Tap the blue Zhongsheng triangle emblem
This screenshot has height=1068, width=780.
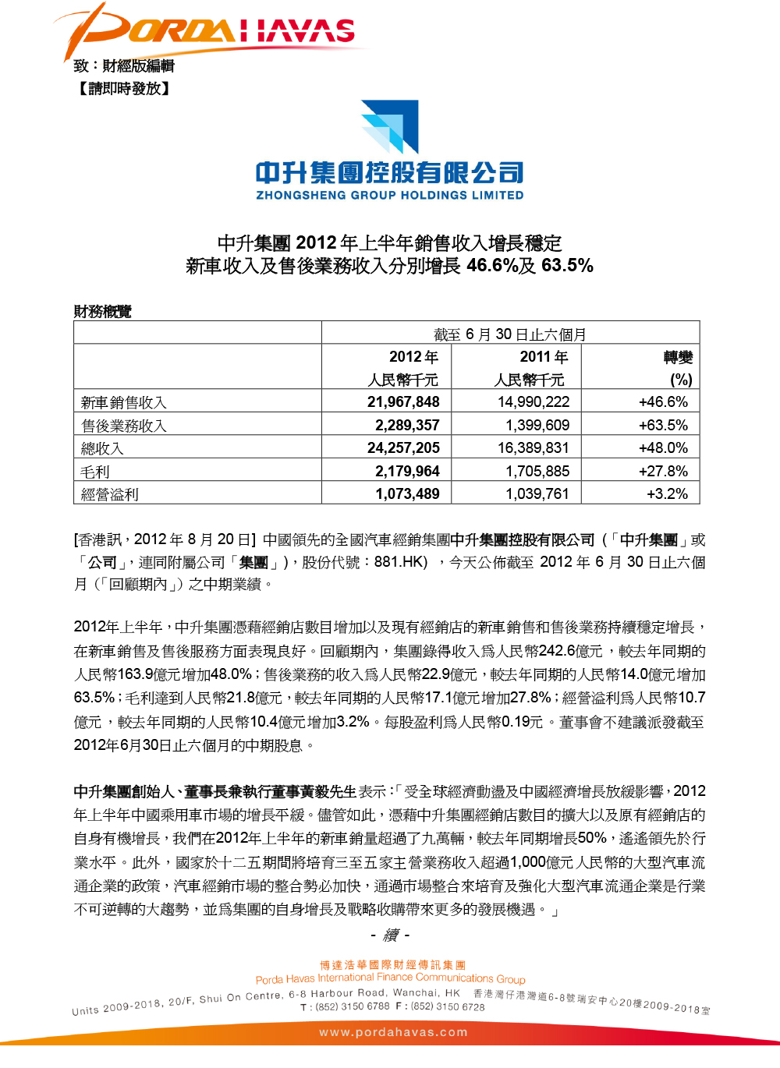(x=390, y=126)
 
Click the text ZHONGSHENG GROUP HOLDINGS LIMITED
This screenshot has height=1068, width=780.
(x=390, y=195)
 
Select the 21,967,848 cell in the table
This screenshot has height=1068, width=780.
(x=403, y=402)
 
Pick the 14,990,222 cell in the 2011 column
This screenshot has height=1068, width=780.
(x=534, y=402)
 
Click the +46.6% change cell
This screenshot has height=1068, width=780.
(x=663, y=402)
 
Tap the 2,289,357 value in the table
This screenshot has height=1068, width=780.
(x=407, y=426)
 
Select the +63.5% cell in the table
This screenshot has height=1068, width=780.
(x=663, y=426)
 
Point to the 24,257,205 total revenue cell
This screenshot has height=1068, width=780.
(x=403, y=448)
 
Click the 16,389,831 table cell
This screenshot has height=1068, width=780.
(x=534, y=448)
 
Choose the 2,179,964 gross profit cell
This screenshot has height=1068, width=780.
(x=407, y=472)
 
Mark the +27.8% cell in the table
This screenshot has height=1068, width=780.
(x=663, y=472)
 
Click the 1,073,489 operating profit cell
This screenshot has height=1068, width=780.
(x=407, y=494)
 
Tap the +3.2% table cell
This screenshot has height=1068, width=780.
(x=667, y=494)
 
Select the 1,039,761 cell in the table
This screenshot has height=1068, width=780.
(x=537, y=494)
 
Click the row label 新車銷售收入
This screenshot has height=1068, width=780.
(x=124, y=403)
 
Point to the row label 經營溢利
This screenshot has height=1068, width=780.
(x=110, y=494)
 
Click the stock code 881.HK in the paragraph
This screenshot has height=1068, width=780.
(x=400, y=562)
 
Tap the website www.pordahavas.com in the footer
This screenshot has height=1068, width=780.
(x=393, y=1032)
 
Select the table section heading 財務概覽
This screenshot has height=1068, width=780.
(x=102, y=312)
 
